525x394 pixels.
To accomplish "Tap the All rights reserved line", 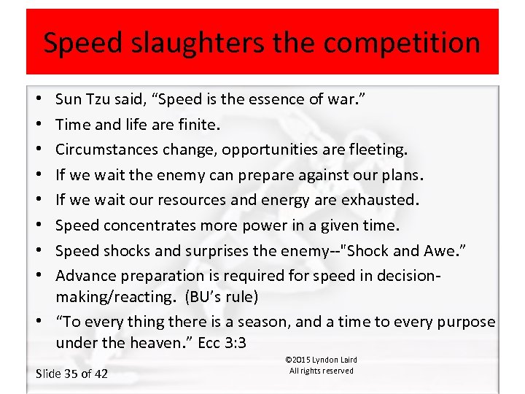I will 321,371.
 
